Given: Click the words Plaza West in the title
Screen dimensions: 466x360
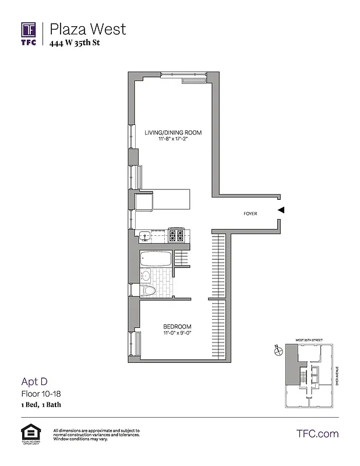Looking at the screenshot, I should tap(87, 29).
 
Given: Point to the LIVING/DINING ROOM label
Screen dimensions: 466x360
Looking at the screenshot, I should tap(173, 133).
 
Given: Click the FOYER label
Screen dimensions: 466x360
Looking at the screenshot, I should tap(250, 214).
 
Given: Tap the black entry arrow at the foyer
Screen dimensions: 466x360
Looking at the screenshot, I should tap(281, 210).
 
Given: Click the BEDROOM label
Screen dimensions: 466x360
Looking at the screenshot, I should tap(177, 326).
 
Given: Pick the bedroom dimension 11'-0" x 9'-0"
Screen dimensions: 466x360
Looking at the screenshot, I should tap(177, 334).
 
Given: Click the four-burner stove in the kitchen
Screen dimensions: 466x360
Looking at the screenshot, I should tap(176, 236).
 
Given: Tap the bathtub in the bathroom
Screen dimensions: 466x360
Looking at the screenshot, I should tap(156, 258).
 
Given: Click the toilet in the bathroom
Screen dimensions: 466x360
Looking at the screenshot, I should tap(147, 291).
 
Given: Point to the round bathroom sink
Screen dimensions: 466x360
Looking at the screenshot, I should tap(146, 275).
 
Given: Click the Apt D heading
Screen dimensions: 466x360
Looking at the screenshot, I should tap(34, 382).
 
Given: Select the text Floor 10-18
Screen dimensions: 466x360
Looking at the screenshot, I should tap(41, 394).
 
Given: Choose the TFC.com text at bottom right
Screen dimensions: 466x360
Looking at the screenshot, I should tap(317, 433).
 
